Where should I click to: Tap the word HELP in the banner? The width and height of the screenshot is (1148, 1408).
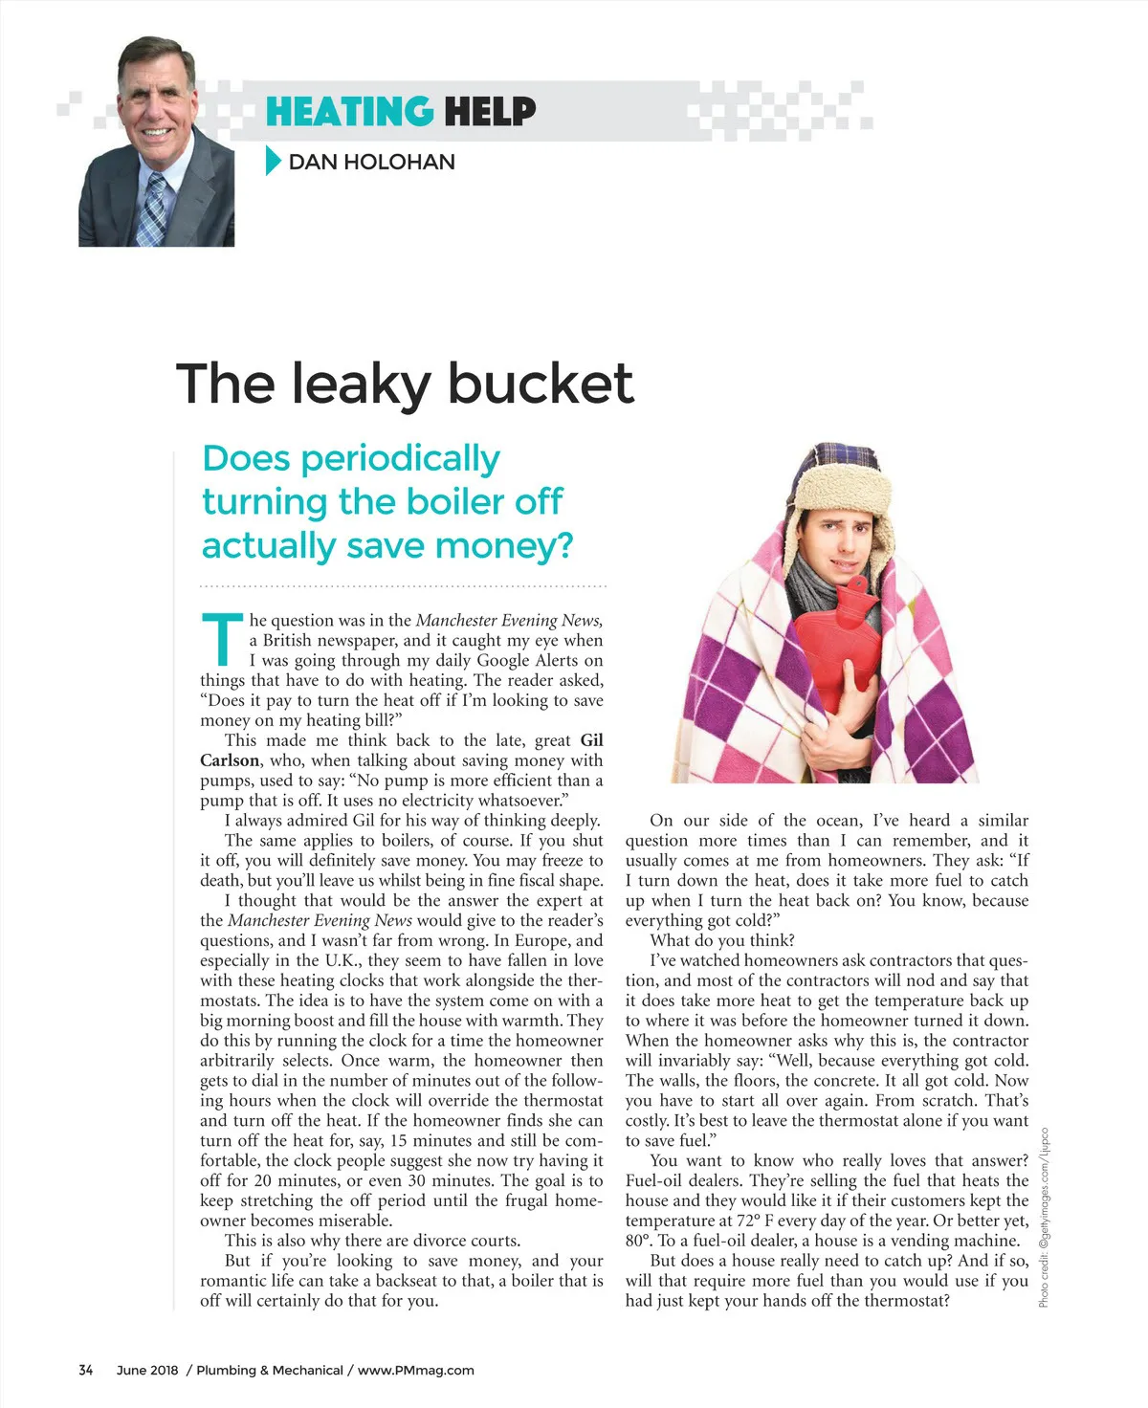pyautogui.click(x=490, y=112)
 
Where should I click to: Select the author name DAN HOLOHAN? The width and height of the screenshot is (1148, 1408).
pyautogui.click(x=371, y=162)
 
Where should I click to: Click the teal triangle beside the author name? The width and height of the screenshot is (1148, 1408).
pyautogui.click(x=273, y=161)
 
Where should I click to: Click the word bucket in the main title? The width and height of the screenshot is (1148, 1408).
pyautogui.click(x=541, y=383)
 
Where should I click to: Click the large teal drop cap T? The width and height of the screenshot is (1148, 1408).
pyautogui.click(x=222, y=639)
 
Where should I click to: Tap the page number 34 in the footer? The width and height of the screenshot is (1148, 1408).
pyautogui.click(x=86, y=1370)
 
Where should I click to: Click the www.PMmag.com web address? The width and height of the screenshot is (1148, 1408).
pyautogui.click(x=416, y=1370)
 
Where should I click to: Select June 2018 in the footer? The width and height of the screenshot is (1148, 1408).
pyautogui.click(x=147, y=1370)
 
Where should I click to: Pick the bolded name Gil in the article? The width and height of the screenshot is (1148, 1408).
pyautogui.click(x=591, y=740)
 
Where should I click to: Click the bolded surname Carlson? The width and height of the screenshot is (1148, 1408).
pyautogui.click(x=230, y=760)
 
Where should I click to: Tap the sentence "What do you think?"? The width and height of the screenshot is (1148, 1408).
pyautogui.click(x=722, y=940)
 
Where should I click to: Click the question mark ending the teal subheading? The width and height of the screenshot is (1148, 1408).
pyautogui.click(x=564, y=545)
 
